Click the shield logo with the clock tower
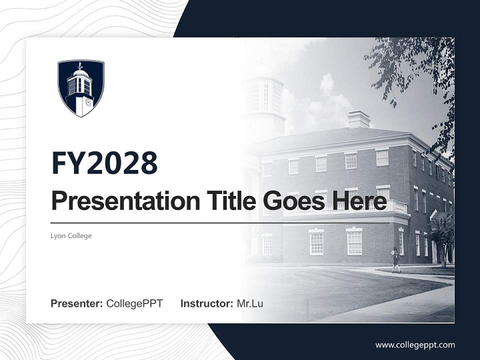coord(81,88)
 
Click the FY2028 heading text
coord(104,162)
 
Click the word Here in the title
coord(359,201)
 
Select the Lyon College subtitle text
coord(71,235)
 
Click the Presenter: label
coord(77,303)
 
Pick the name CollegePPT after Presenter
coord(134,303)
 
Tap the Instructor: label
coord(206,303)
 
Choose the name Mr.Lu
coord(250,303)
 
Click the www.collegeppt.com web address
coord(415,344)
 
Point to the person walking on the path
coord(396,259)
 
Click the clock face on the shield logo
coord(88,102)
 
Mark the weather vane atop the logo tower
coord(80,65)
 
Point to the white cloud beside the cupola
coord(325,95)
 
